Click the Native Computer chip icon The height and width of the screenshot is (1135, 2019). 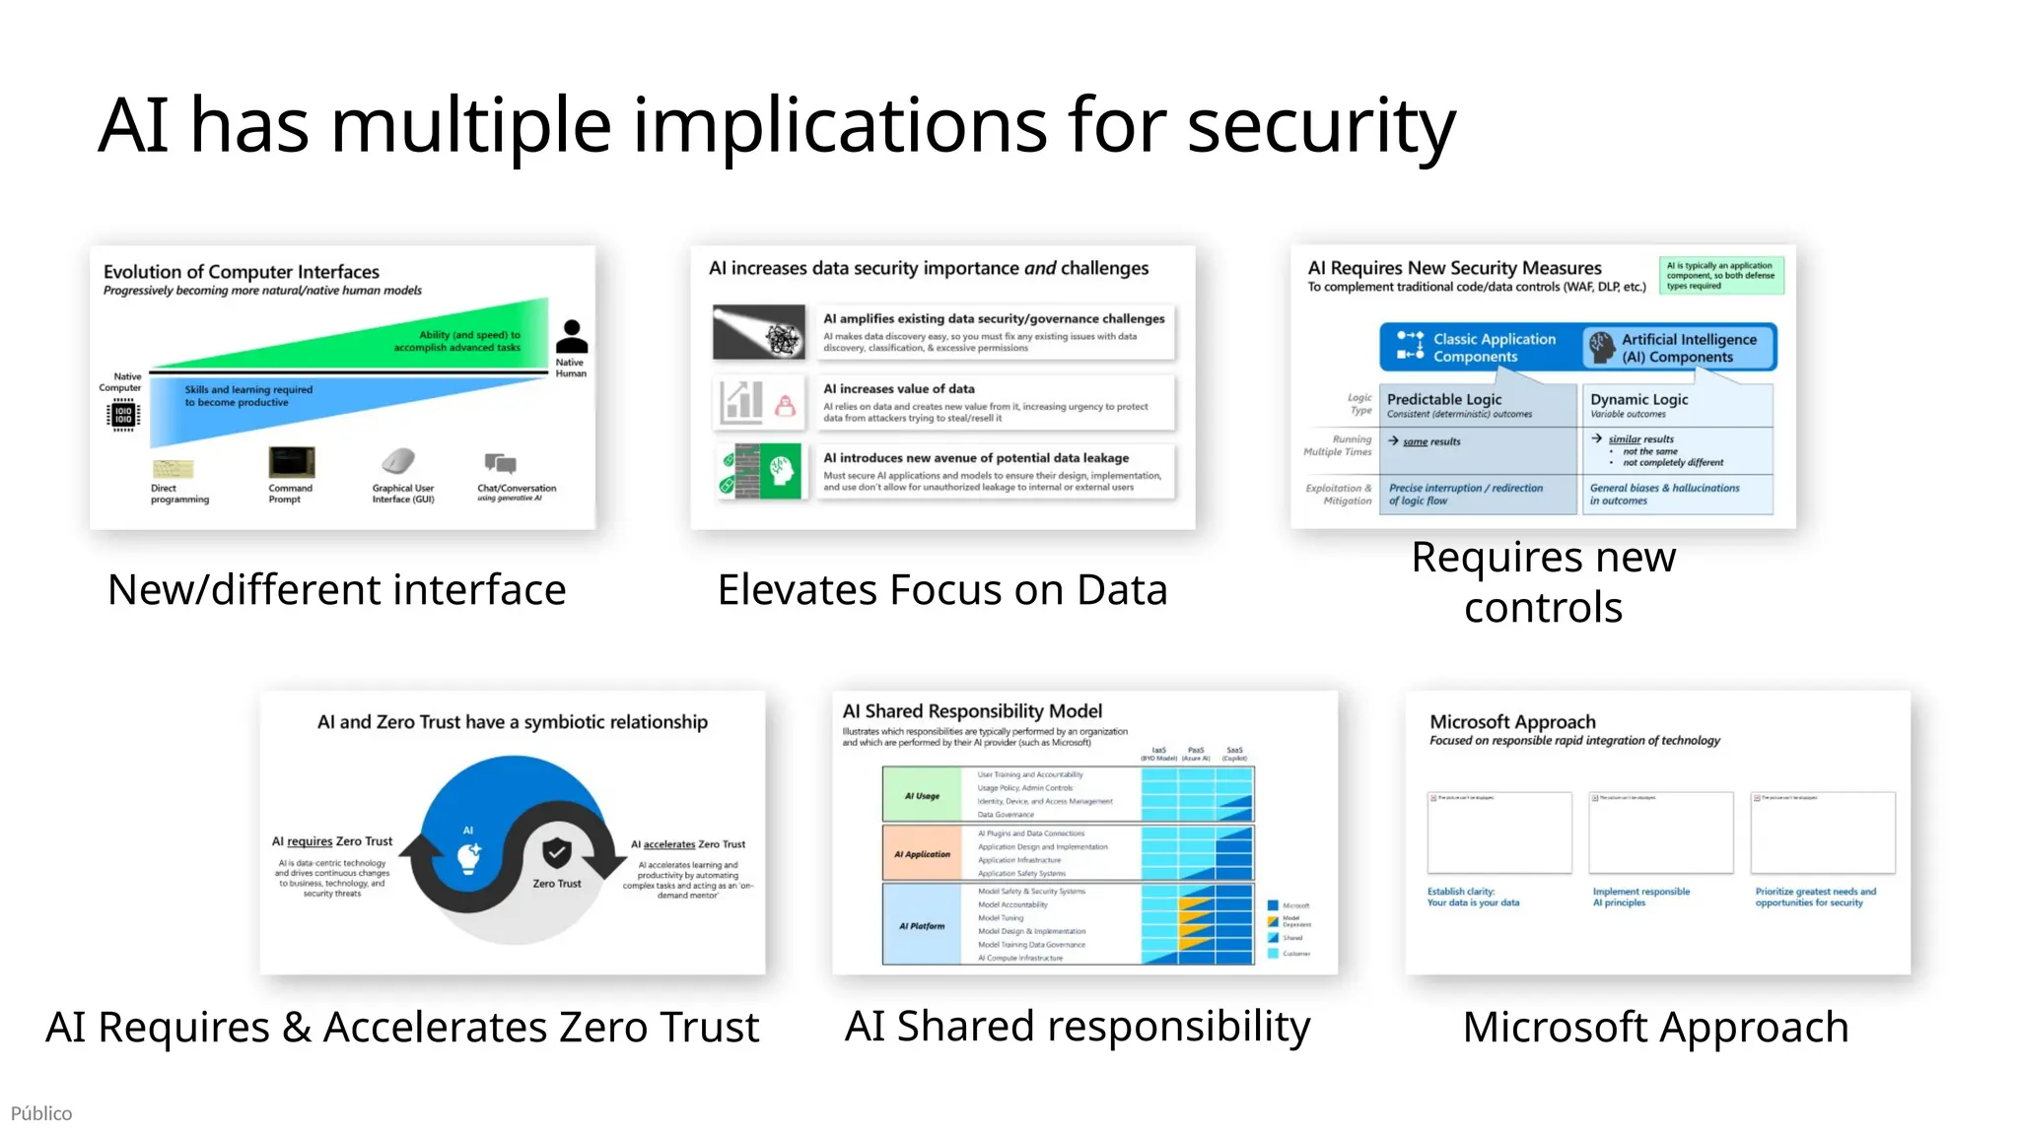123,415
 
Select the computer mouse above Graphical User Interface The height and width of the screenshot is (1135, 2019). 398,460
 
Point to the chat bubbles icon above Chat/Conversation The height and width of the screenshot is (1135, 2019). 501,462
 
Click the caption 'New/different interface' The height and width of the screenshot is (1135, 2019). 336,590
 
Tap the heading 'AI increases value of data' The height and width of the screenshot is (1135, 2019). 898,389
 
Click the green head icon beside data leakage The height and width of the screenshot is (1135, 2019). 782,471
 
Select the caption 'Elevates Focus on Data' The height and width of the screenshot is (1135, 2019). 942,590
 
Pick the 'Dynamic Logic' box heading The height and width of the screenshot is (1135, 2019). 1638,399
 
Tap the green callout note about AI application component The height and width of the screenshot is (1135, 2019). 1720,275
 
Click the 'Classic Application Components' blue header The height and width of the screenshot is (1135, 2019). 1479,347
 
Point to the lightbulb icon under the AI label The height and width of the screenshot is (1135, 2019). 469,857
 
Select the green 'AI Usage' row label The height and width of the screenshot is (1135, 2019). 922,795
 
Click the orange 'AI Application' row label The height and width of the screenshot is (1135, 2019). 922,854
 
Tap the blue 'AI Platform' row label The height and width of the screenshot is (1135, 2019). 922,926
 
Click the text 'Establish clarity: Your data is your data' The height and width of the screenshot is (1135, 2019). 1473,897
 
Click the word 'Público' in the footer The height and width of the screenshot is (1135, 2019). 41,1113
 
